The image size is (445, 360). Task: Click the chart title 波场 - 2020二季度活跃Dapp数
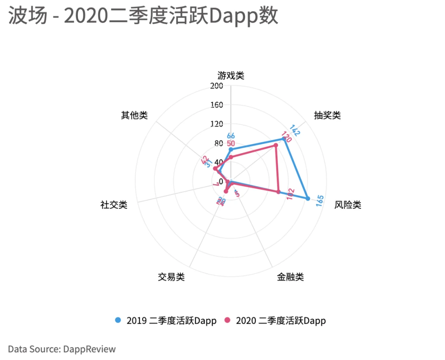(x=143, y=16)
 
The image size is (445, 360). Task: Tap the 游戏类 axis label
(x=231, y=75)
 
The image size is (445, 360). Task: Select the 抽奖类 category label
(x=327, y=115)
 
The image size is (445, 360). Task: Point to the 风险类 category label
(x=348, y=205)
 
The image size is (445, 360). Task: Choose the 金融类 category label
(x=290, y=277)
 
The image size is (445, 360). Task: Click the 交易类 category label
(x=171, y=277)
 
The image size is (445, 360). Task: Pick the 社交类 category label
(x=114, y=205)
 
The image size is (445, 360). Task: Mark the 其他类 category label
(x=134, y=115)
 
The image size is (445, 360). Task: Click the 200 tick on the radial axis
(x=216, y=86)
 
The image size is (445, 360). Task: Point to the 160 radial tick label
(x=216, y=105)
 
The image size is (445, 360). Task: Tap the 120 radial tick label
(x=216, y=124)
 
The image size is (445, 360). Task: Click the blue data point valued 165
(x=308, y=198)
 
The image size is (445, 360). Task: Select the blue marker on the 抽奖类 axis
(x=283, y=139)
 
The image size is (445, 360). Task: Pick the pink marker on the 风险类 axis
(x=279, y=192)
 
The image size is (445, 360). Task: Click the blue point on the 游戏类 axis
(x=231, y=149)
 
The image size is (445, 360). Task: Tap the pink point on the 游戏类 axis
(x=231, y=157)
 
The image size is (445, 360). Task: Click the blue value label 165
(x=320, y=201)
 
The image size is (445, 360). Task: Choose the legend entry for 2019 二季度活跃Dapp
(x=166, y=320)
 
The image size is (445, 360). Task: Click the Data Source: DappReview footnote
(x=62, y=349)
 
